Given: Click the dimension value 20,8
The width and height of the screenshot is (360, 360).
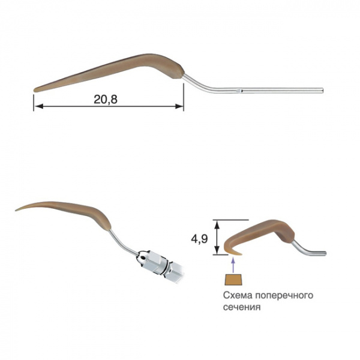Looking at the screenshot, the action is [106, 100].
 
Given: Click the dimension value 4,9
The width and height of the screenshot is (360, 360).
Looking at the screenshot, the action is [199, 239].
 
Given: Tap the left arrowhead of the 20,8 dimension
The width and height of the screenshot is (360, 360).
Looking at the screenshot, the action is [38, 106].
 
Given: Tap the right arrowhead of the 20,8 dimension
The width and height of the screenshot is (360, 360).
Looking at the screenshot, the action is [179, 106].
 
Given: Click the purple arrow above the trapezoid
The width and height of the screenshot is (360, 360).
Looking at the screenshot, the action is [233, 265].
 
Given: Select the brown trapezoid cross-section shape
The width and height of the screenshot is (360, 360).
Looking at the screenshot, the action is [233, 280].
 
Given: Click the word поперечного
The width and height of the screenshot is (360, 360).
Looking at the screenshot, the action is [284, 295].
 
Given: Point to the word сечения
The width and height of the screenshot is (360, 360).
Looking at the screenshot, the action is [242, 307].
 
